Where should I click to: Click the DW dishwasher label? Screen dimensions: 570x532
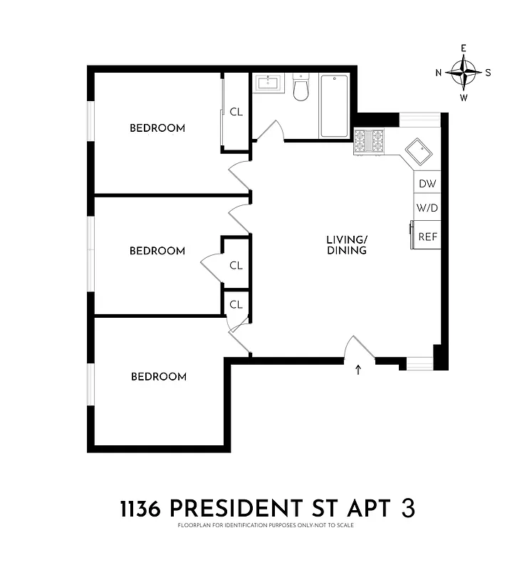pos(427,183)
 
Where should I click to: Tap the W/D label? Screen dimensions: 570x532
pos(427,209)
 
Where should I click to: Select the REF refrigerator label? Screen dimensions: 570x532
pos(427,237)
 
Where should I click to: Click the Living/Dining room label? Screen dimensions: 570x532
pos(347,245)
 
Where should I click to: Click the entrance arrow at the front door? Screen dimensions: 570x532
pos(358,369)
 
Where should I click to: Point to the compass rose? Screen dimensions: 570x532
pos(464,72)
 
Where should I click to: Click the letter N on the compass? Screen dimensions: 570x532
pos(439,72)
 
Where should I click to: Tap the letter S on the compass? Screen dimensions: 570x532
pos(488,72)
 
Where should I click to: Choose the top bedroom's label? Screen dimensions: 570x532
pos(157,128)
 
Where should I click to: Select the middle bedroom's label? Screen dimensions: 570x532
pos(157,251)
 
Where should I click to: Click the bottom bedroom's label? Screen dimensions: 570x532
pos(159,376)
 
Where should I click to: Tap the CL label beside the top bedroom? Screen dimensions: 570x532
pos(236,112)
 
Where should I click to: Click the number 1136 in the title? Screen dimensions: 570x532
pos(142,509)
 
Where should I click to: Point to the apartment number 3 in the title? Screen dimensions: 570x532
pos(408,509)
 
